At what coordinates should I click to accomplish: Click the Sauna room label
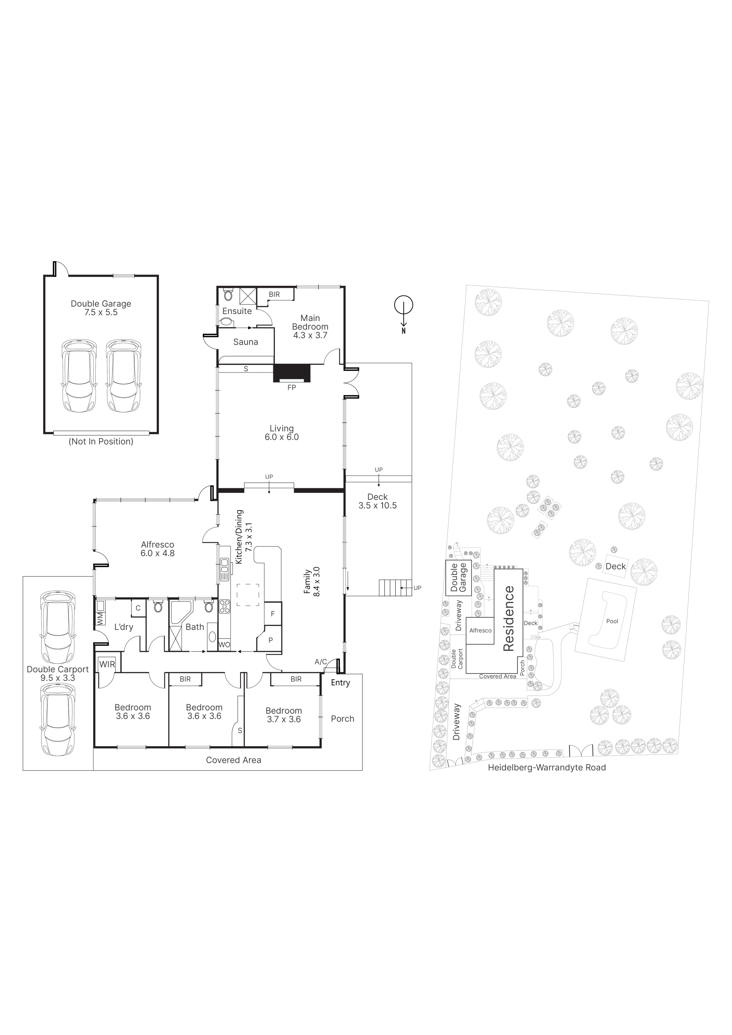tap(246, 342)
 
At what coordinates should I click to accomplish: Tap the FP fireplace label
tap(292, 387)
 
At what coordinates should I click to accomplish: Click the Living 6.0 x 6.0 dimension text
tap(282, 437)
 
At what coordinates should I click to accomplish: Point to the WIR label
tap(107, 664)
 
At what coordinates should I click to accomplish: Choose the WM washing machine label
tap(100, 618)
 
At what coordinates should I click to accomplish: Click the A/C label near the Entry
tap(321, 662)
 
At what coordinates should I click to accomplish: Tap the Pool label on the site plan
tap(612, 621)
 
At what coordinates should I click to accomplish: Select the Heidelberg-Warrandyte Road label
tap(547, 767)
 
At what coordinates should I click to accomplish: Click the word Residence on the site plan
tap(509, 618)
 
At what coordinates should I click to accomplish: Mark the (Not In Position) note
tap(101, 442)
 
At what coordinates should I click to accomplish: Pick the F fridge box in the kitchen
tap(273, 613)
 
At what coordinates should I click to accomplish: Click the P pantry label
tap(270, 640)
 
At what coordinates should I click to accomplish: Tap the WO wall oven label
tap(225, 645)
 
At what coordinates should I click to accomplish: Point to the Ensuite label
tap(237, 311)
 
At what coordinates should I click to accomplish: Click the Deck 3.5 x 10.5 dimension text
tap(378, 505)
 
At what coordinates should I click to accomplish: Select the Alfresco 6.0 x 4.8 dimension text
tap(157, 553)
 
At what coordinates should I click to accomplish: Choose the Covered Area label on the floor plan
tap(233, 760)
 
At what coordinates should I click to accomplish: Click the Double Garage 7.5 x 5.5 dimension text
tap(101, 312)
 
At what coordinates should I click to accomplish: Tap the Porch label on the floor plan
tap(343, 719)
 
